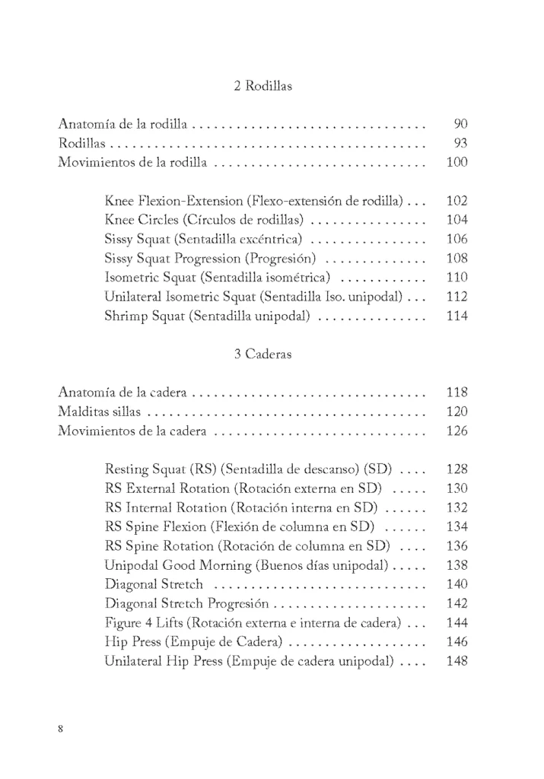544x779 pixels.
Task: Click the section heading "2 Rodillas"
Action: click(x=262, y=87)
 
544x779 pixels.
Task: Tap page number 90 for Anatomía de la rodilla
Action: click(x=460, y=123)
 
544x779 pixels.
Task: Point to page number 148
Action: click(x=457, y=662)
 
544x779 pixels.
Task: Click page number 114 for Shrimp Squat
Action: click(x=457, y=316)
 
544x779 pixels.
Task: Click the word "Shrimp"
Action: click(x=125, y=316)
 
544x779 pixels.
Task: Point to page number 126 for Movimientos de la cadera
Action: click(x=457, y=433)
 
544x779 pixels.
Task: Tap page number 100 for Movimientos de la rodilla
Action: click(x=457, y=162)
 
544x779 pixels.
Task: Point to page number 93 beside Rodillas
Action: click(x=460, y=143)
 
